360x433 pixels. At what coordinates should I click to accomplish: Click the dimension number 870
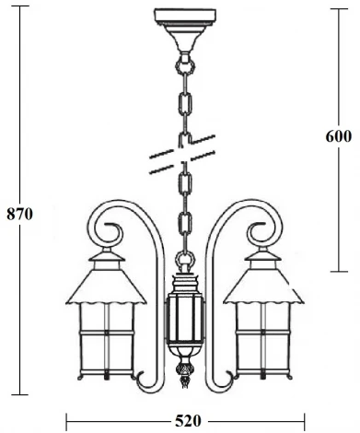[19, 215]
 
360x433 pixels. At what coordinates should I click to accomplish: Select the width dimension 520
[187, 421]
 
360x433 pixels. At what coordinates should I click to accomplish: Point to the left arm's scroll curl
[105, 224]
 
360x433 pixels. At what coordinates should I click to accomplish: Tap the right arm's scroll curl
[261, 224]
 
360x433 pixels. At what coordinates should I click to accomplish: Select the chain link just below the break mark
[183, 179]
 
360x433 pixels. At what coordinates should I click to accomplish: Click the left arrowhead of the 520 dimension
[69, 422]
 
